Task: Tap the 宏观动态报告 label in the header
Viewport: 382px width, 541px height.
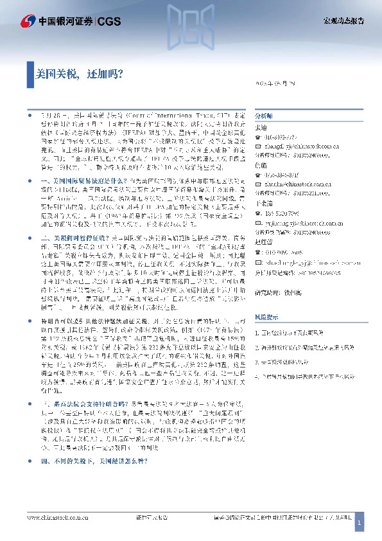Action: point(343,21)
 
